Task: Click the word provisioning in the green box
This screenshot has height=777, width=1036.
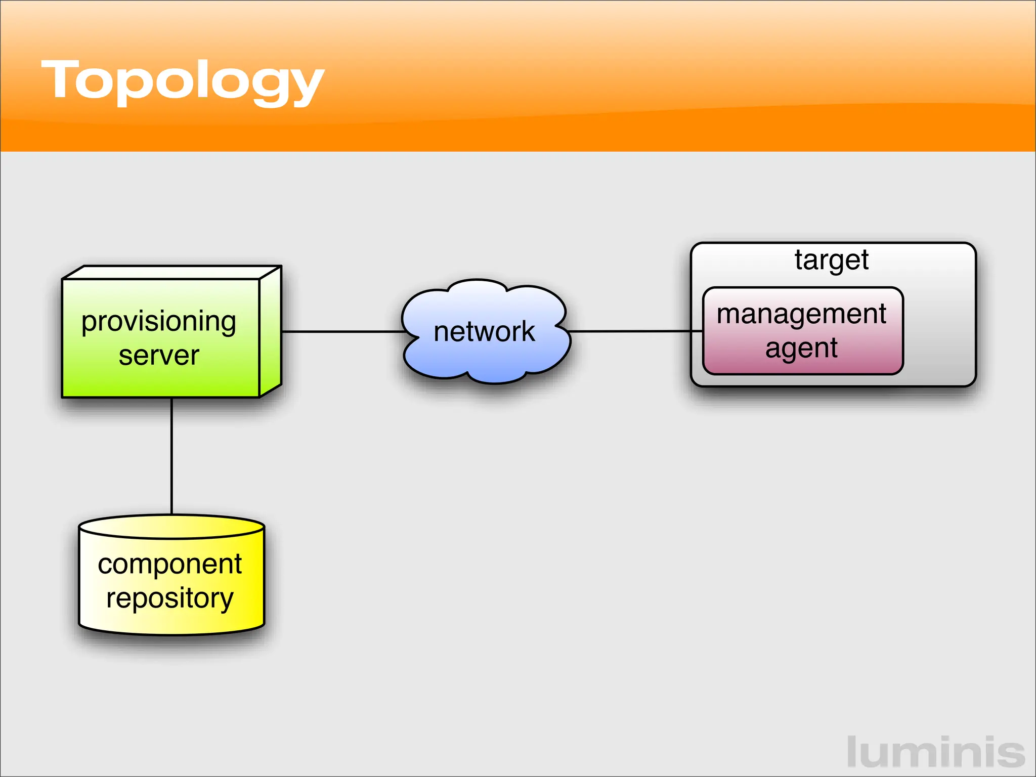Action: pos(158,322)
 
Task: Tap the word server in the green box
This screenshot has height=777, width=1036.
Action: pos(158,356)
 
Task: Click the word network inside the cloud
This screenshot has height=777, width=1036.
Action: pos(484,332)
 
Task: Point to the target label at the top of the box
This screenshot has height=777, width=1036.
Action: pos(831,260)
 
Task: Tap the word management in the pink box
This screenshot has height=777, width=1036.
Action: pos(801,314)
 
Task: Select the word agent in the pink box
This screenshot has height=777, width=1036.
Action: pos(801,349)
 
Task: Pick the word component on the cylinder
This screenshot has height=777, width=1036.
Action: pos(169,565)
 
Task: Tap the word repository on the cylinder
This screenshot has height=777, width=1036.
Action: pos(169,598)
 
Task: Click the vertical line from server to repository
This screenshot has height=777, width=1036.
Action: pos(172,455)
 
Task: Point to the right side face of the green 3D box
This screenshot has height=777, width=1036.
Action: pos(270,334)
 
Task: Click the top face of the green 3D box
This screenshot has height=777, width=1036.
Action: pos(172,272)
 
